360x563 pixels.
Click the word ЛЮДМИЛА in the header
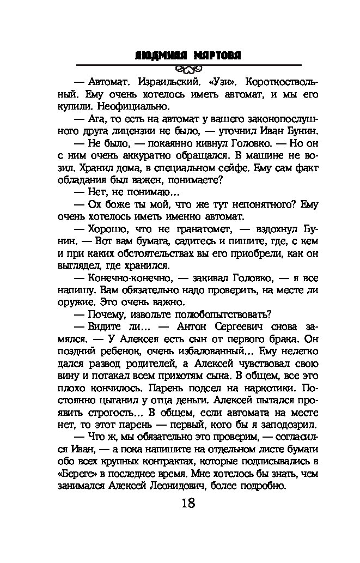tap(161, 56)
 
